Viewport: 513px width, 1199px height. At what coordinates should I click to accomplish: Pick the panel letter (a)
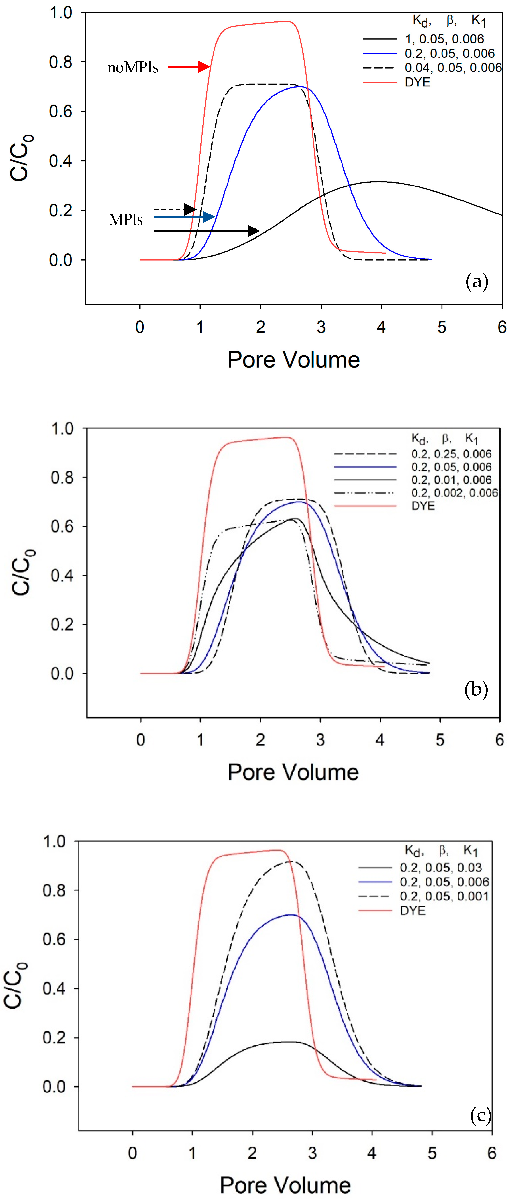click(477, 282)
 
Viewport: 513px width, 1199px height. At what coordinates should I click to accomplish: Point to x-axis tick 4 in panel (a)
click(381, 327)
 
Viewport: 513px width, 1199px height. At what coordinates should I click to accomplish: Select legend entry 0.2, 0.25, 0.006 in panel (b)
click(451, 454)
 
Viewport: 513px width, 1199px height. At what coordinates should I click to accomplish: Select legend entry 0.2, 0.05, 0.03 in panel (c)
click(440, 868)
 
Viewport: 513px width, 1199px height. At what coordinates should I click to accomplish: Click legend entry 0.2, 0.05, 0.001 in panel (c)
click(444, 897)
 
